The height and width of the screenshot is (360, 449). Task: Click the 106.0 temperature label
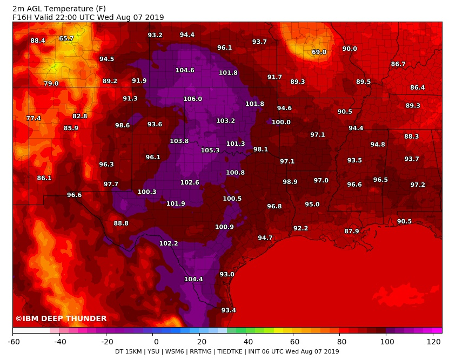pos(192,99)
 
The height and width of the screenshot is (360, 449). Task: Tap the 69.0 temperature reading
pos(319,52)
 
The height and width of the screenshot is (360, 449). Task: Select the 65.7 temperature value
pos(66,39)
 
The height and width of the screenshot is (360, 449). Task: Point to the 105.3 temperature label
pos(210,151)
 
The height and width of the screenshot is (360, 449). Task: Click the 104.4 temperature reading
pos(193,280)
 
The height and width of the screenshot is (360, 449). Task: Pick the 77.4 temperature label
pos(33,119)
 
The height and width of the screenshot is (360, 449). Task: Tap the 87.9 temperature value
pos(351,232)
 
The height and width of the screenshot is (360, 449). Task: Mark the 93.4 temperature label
pos(229,310)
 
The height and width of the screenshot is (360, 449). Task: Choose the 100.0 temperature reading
pos(281,123)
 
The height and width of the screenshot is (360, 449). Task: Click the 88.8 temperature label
pos(121,223)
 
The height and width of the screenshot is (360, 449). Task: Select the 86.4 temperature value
pos(417,88)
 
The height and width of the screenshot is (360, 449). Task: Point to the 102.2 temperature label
pos(169,244)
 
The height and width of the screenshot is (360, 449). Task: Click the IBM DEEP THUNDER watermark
pos(61,319)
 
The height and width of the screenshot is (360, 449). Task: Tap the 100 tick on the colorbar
pos(386,341)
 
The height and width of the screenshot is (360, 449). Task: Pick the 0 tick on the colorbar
pos(156,341)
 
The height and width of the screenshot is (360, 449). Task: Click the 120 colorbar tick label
pos(433,341)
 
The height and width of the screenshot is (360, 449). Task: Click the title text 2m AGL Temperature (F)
pos(59,9)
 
